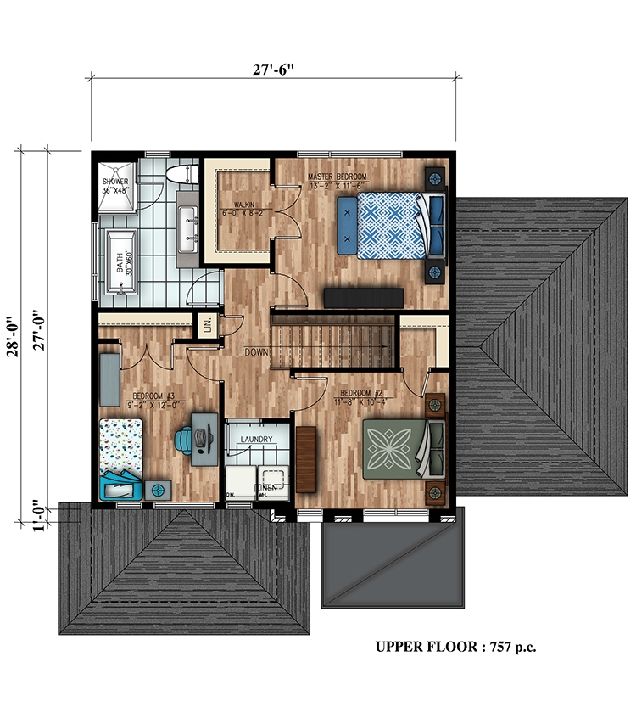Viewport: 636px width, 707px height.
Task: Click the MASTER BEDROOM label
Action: (x=337, y=177)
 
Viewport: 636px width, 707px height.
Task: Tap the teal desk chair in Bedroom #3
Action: (x=184, y=439)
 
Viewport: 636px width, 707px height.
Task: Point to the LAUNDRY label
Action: (x=255, y=439)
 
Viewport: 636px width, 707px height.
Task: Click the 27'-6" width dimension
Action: (x=275, y=70)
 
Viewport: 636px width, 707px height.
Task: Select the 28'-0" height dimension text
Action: (x=13, y=328)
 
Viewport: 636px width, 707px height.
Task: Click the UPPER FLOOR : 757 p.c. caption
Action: (x=455, y=647)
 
